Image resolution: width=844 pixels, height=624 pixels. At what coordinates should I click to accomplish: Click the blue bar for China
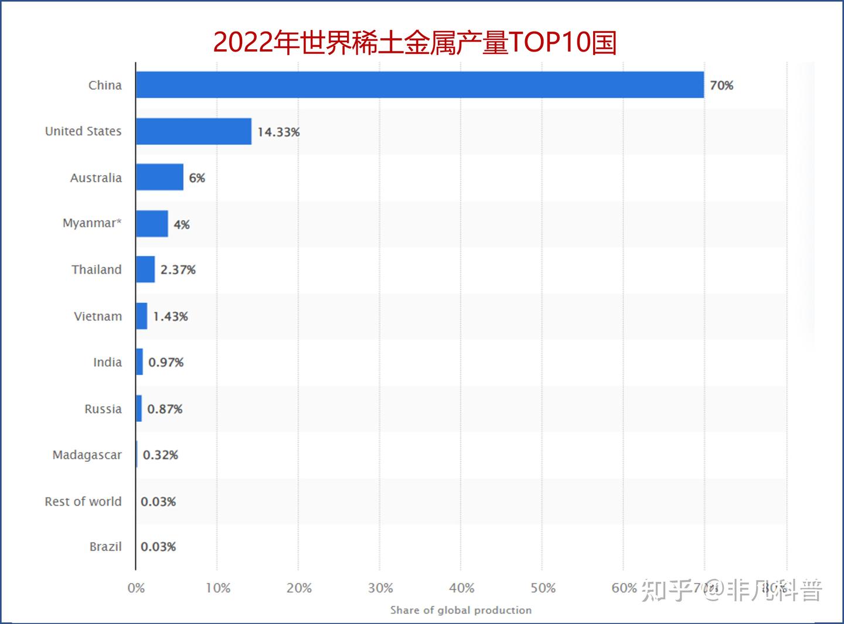coord(420,85)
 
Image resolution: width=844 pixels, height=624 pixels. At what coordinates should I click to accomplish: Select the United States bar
coord(193,131)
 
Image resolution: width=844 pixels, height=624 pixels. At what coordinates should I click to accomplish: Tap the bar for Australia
coord(159,177)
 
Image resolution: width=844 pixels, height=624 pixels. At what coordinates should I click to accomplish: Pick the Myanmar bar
coord(152,224)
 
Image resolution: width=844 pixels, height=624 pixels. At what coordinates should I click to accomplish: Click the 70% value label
coord(722,86)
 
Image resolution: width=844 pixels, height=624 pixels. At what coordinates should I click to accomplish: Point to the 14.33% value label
coord(278,132)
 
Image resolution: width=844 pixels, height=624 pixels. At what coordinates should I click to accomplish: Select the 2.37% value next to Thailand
coord(178,270)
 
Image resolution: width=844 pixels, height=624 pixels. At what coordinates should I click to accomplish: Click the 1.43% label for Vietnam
coord(171,316)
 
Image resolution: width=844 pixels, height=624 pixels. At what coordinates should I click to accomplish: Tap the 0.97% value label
coord(166,363)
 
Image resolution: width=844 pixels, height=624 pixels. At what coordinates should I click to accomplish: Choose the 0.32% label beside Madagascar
coord(161,455)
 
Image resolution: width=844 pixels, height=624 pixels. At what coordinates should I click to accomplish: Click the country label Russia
coord(103,409)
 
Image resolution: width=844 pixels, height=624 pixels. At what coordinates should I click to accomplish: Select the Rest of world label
coord(83,502)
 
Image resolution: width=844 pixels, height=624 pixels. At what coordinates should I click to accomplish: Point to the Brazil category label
coord(105,547)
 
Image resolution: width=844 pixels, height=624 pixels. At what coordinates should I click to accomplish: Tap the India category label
coord(107,363)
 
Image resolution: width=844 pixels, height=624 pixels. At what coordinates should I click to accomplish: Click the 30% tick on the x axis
coord(380,588)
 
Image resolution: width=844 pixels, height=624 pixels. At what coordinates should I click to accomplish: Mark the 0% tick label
coord(136,588)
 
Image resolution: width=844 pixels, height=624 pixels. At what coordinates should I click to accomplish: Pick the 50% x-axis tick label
coord(543,588)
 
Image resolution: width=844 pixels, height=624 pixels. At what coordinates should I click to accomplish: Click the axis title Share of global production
coord(461,610)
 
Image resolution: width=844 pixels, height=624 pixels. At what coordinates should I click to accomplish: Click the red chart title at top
coord(415,42)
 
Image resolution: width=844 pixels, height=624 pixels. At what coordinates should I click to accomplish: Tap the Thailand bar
coord(145,270)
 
